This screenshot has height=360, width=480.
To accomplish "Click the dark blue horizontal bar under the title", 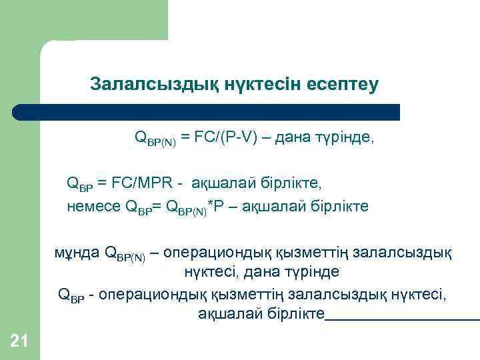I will click(x=207, y=112).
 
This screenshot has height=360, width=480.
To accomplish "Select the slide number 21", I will click(x=19, y=342).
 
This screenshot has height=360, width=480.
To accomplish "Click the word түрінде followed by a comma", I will click(x=349, y=138).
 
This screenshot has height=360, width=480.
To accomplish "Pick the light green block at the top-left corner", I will click(x=83, y=20).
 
